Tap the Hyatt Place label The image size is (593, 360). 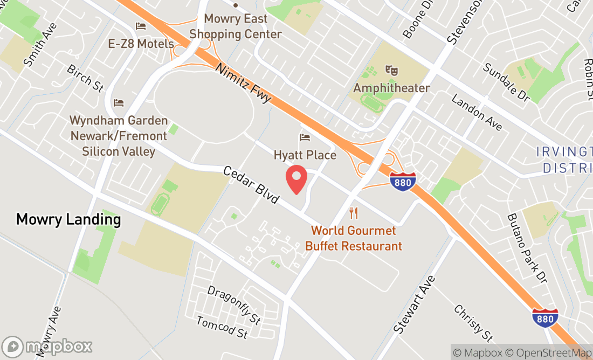(x=305, y=155)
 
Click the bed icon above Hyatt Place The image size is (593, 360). (x=305, y=137)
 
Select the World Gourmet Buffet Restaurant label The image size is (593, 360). (x=354, y=238)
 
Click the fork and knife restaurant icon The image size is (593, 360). (x=354, y=212)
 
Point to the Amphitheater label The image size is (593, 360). (x=391, y=88)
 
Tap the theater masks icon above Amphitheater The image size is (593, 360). (x=391, y=70)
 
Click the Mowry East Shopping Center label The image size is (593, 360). (x=236, y=26)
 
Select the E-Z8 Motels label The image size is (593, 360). (x=141, y=44)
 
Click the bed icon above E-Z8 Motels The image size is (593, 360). (x=141, y=26)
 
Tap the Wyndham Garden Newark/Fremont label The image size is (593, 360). (x=119, y=136)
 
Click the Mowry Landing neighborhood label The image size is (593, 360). (x=68, y=219)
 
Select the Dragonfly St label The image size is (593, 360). (x=234, y=304)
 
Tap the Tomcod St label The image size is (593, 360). (x=222, y=327)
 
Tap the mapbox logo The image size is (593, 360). (x=47, y=346)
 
